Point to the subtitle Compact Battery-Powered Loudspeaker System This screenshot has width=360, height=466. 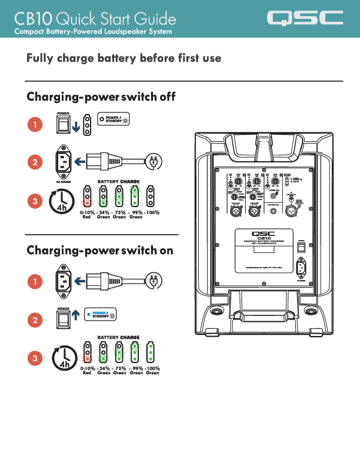coord(93,31)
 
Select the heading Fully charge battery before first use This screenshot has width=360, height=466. coord(124,58)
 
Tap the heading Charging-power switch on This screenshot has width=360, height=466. coord(100,250)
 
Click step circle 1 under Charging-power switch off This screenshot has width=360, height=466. coord(35,125)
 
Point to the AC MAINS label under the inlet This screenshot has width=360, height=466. coord(63,182)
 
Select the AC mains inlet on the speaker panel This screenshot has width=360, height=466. coord(301,268)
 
